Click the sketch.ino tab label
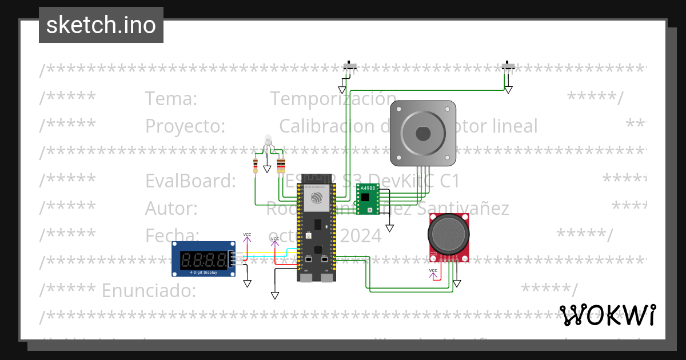pos(101,25)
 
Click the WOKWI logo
pos(607,315)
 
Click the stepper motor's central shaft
pos(423,134)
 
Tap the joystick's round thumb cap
pos(449,234)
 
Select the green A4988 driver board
pos(366,199)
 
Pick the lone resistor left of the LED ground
pos(256,166)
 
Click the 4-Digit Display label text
pos(202,273)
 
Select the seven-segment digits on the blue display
pos(202,261)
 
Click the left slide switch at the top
pos(350,66)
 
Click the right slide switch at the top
pos(508,66)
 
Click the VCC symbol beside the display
pos(247,235)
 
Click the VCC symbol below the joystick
pos(433,270)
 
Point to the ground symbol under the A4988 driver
pos(389,228)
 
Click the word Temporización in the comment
pos(333,99)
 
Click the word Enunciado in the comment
pos(149,291)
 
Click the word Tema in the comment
pos(171,99)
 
